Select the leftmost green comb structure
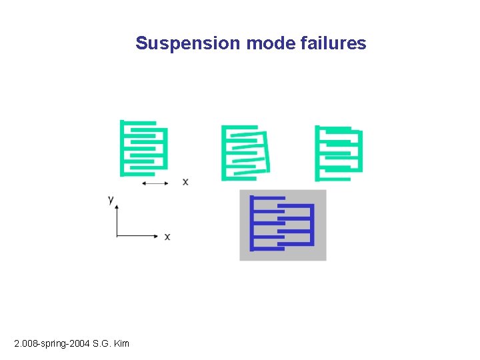point(143,148)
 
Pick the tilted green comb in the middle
point(245,153)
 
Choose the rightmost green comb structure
point(339,153)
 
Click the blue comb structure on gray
point(283,225)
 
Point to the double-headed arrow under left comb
point(155,182)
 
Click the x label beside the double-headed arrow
point(185,181)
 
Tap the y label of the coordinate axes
point(111,199)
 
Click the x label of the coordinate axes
point(167,236)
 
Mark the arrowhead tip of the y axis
point(117,206)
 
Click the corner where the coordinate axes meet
point(117,236)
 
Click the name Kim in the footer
point(121,343)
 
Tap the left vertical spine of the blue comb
point(252,223)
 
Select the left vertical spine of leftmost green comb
point(122,148)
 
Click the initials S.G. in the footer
point(101,343)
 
